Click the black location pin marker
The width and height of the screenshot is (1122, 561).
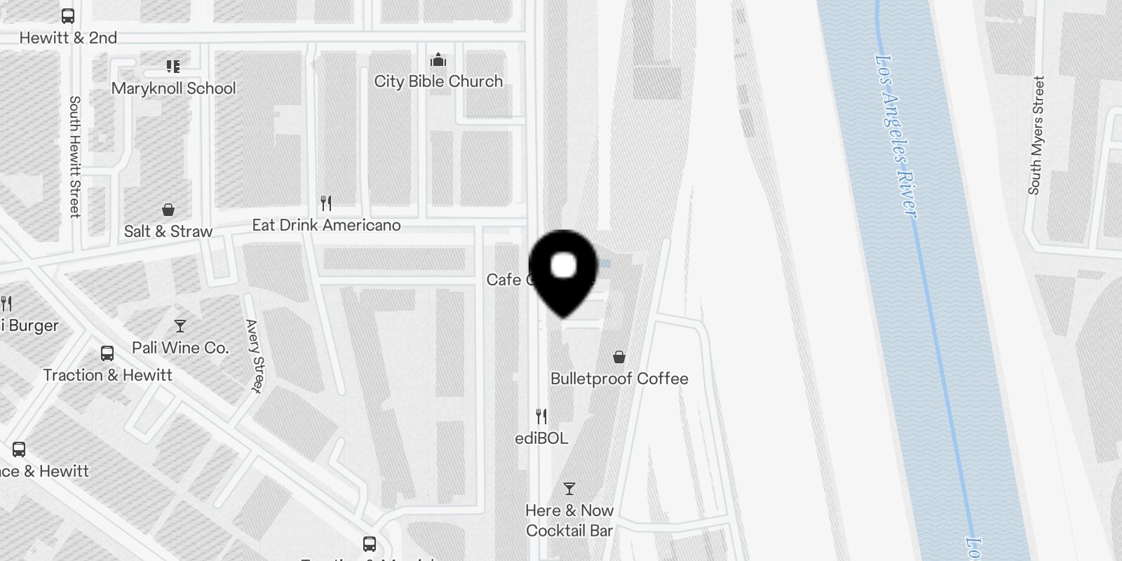(x=563, y=271)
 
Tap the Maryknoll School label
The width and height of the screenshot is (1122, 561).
(x=173, y=88)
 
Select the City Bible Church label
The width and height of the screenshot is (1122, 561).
(x=438, y=81)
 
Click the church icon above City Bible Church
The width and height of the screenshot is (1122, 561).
(x=438, y=59)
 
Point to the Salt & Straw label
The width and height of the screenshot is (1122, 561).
(x=168, y=231)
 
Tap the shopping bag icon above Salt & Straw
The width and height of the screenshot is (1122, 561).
(x=168, y=210)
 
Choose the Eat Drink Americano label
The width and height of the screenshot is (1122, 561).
(x=326, y=225)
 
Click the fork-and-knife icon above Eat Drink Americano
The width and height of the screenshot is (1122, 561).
(x=326, y=203)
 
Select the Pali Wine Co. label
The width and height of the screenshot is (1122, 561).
(x=180, y=348)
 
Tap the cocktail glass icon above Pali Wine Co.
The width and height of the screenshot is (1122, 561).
(x=180, y=326)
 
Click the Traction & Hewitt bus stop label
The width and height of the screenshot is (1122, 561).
(x=107, y=375)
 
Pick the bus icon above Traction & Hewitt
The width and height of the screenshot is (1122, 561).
(x=107, y=353)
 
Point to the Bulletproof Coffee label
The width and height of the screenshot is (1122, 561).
(x=619, y=379)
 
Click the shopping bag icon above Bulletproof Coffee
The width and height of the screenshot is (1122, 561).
(x=619, y=358)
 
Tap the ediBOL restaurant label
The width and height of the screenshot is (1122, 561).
(x=541, y=438)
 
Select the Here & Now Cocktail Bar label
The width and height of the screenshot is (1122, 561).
(x=569, y=520)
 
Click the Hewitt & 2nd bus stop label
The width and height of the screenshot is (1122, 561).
(x=68, y=38)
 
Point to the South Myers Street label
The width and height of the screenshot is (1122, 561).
(x=1036, y=135)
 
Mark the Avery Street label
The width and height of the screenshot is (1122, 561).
(x=255, y=356)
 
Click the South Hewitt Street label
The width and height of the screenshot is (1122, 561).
(x=74, y=156)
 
